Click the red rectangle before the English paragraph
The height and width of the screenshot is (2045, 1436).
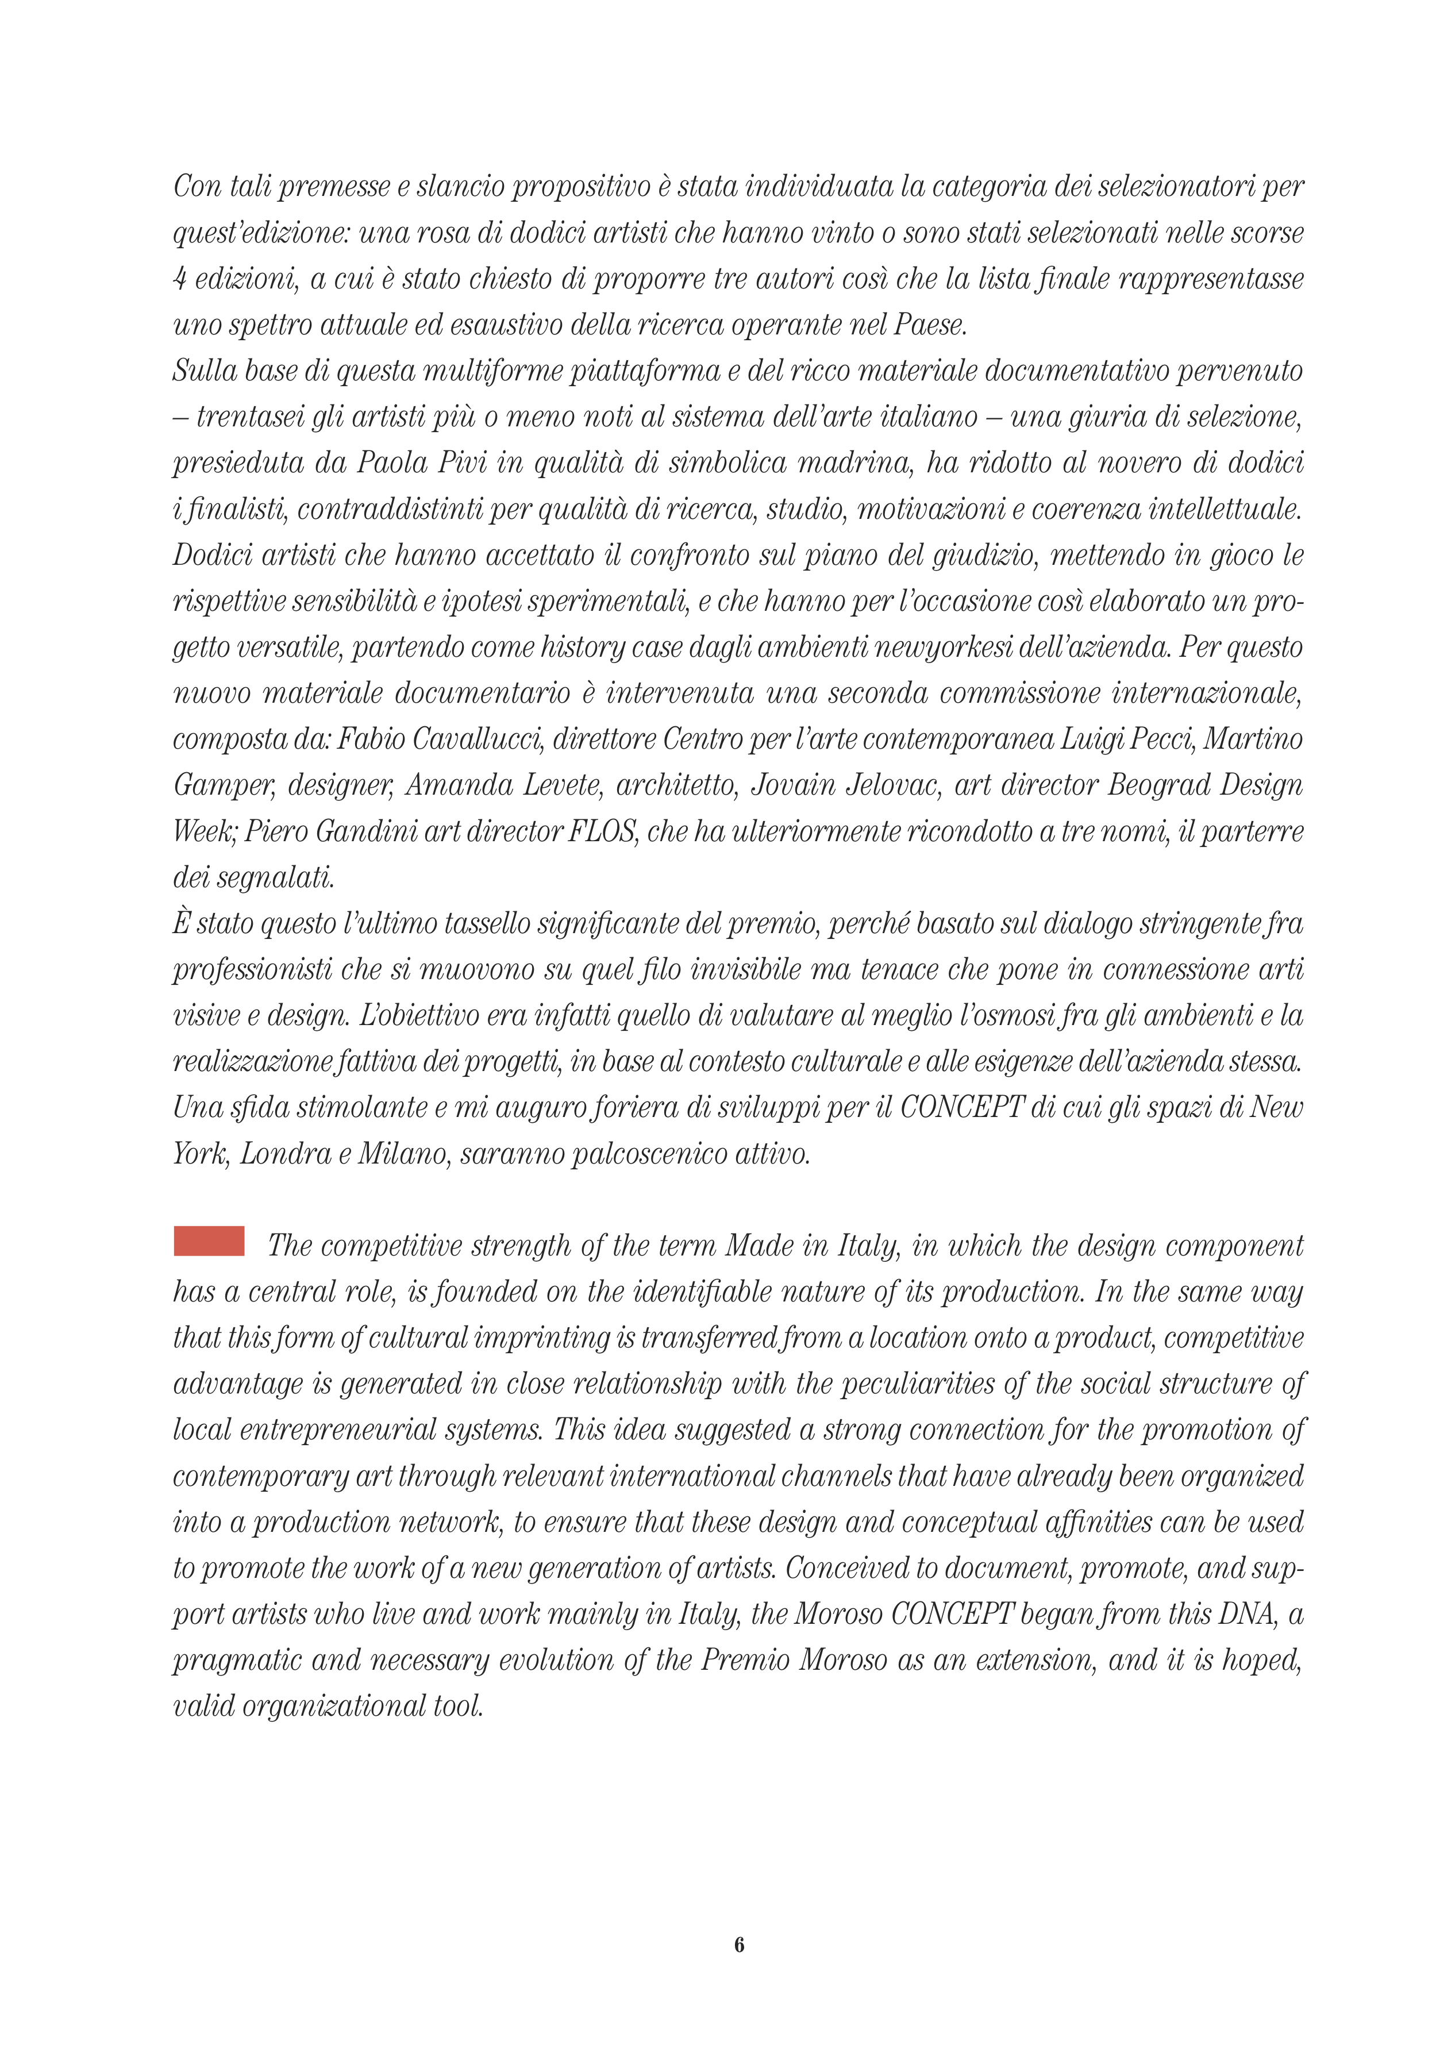pos(209,1241)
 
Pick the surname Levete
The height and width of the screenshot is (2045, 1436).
pos(547,785)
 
